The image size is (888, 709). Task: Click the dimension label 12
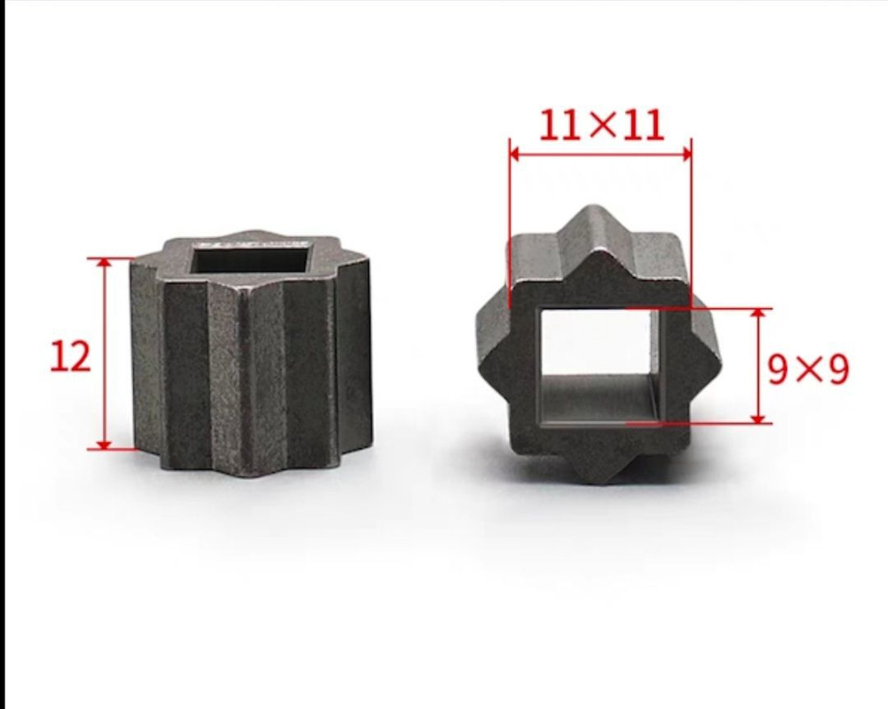71,356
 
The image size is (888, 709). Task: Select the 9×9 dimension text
808,369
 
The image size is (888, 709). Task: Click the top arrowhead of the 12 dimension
104,263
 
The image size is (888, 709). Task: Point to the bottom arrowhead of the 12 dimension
104,443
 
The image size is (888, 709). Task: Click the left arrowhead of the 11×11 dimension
514,154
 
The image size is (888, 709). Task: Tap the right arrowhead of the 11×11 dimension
686,154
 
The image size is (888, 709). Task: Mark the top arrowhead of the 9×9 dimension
758,315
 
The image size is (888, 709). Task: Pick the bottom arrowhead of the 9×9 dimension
758,417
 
